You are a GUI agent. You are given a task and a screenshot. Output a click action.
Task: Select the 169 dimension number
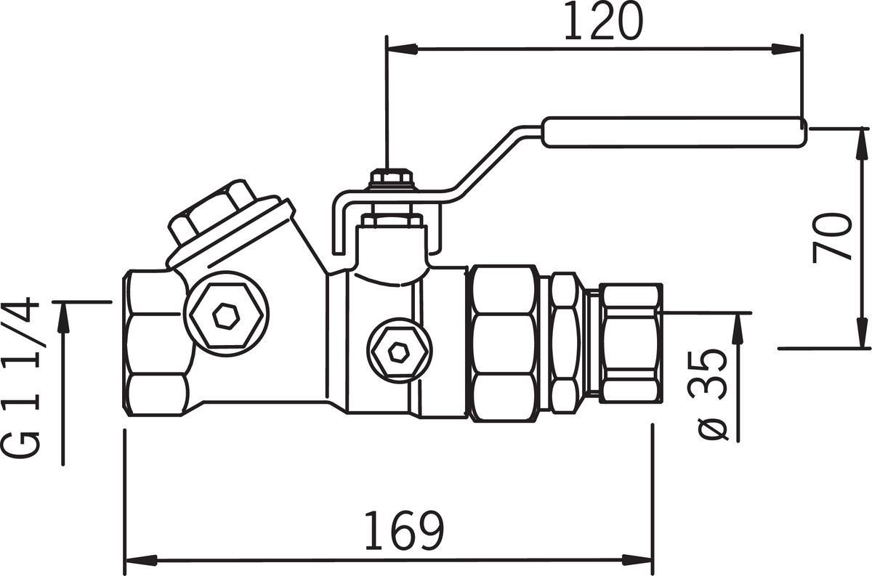click(404, 530)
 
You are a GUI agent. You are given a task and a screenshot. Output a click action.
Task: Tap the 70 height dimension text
click(832, 237)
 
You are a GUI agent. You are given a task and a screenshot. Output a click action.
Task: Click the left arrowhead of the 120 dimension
click(401, 49)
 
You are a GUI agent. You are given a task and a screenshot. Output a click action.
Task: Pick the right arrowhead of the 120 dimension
click(787, 49)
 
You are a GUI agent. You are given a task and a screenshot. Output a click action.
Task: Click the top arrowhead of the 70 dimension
click(863, 144)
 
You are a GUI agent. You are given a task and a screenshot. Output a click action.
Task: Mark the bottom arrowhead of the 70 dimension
click(863, 333)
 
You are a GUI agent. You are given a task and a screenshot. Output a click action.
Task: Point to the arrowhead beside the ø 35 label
click(738, 329)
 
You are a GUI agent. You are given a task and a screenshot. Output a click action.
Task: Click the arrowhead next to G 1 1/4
click(63, 317)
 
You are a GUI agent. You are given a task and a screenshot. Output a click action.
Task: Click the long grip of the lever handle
click(674, 132)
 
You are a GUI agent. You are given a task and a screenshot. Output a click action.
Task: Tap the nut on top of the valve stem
click(390, 177)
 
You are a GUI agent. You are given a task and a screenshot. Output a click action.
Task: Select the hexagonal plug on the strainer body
click(226, 315)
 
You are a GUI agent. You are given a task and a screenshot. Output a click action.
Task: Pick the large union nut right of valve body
click(502, 344)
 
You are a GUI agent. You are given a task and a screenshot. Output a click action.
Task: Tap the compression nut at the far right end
click(631, 343)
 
